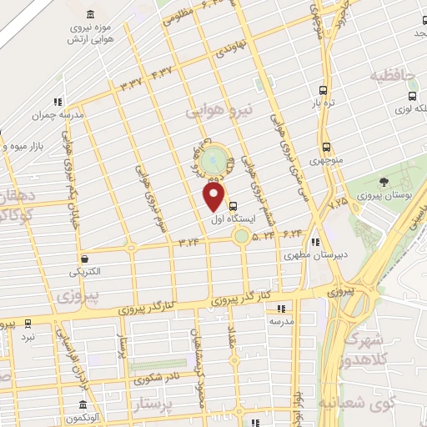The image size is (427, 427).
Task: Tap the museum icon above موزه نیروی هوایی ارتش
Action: [90, 14]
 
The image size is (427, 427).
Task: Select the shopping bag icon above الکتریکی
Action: [84, 258]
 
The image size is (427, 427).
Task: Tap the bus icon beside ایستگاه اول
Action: [232, 204]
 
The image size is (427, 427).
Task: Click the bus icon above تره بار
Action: [323, 91]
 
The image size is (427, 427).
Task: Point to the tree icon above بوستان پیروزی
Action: [383, 181]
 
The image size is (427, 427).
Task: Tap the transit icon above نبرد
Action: [28, 322]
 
